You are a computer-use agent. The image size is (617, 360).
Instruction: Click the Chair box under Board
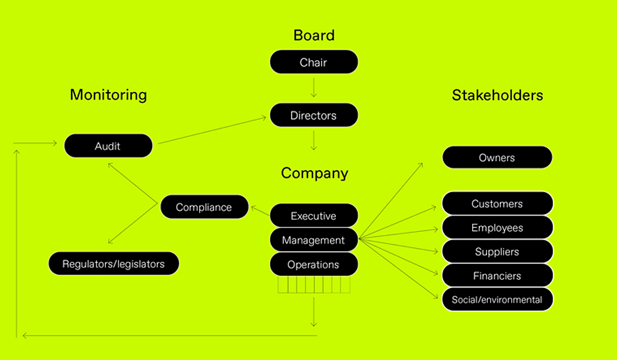[x=314, y=62]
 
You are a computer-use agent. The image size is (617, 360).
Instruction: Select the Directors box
[x=314, y=115]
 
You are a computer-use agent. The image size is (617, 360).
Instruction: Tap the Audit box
[x=108, y=146]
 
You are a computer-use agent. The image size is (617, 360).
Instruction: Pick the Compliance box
[x=204, y=207]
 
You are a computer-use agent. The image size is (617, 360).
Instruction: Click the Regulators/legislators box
[x=114, y=264]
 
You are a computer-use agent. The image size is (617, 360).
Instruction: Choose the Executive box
[x=314, y=215]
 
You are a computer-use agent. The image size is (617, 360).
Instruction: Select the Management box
[x=314, y=240]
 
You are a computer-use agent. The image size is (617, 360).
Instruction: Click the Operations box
[x=314, y=264]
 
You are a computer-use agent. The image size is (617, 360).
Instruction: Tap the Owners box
[x=497, y=157]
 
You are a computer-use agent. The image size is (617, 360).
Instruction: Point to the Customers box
[x=497, y=204]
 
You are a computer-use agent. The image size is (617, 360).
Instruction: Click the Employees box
[x=497, y=227]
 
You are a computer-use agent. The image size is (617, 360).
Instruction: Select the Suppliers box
[x=497, y=251]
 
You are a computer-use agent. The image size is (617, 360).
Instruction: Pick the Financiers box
[x=497, y=276]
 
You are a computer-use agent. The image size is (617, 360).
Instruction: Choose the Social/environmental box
[x=497, y=299]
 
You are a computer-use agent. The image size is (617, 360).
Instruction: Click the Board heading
[x=314, y=35]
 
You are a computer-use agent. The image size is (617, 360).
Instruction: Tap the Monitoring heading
[x=108, y=95]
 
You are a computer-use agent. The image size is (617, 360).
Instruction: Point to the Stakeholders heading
[x=497, y=95]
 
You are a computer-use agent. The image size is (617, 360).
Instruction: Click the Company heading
[x=314, y=173]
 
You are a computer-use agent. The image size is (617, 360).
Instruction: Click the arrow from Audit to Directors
[x=212, y=130]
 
